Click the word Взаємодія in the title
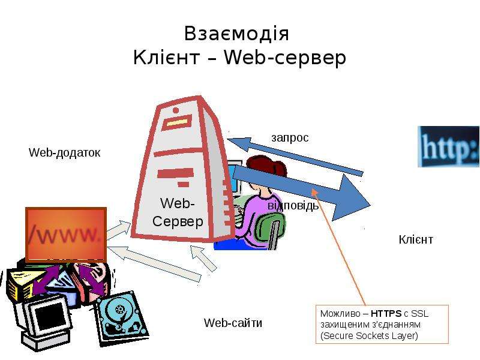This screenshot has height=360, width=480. click(x=236, y=34)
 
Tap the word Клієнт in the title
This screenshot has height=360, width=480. click(x=167, y=57)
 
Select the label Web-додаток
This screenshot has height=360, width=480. click(x=64, y=152)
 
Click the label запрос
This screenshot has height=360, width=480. click(x=290, y=138)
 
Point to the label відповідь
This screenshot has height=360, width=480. click(x=293, y=206)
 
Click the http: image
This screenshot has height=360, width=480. click(x=448, y=146)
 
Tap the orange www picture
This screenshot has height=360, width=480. click(x=66, y=235)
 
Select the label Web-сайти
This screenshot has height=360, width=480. click(x=233, y=323)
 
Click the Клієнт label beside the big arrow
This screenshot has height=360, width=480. click(x=416, y=239)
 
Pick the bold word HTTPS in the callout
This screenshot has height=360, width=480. click(x=386, y=313)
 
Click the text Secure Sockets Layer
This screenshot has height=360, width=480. click(x=369, y=336)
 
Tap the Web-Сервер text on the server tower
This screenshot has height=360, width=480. click(x=178, y=212)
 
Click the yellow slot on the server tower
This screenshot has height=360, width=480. click(x=178, y=122)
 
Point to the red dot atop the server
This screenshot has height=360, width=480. click(x=176, y=110)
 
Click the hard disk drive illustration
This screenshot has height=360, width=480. click(x=122, y=319)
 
